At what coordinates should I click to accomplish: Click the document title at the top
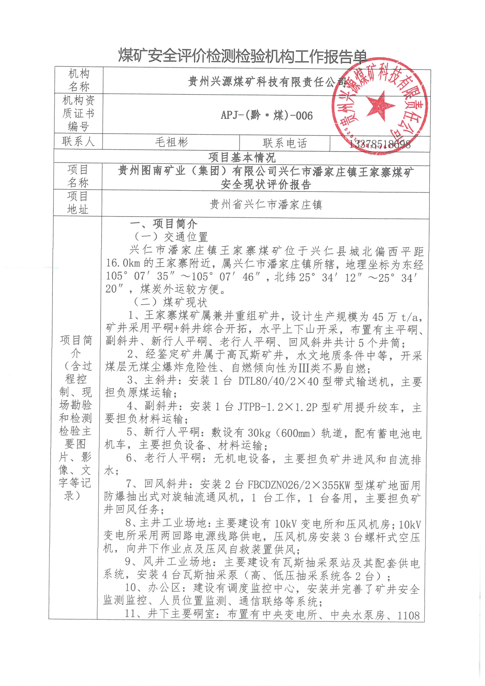point(242,56)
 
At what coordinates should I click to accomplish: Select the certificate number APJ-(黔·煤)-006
point(267,115)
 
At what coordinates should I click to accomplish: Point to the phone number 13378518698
point(380,145)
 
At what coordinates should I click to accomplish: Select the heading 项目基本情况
point(242,157)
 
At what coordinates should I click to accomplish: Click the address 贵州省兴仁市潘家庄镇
point(266,205)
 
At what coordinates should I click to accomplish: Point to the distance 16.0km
point(123,263)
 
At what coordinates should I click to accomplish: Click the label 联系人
point(78,141)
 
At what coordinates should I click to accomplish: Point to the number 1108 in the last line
point(408,616)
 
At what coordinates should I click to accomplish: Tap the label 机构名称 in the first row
point(79,80)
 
